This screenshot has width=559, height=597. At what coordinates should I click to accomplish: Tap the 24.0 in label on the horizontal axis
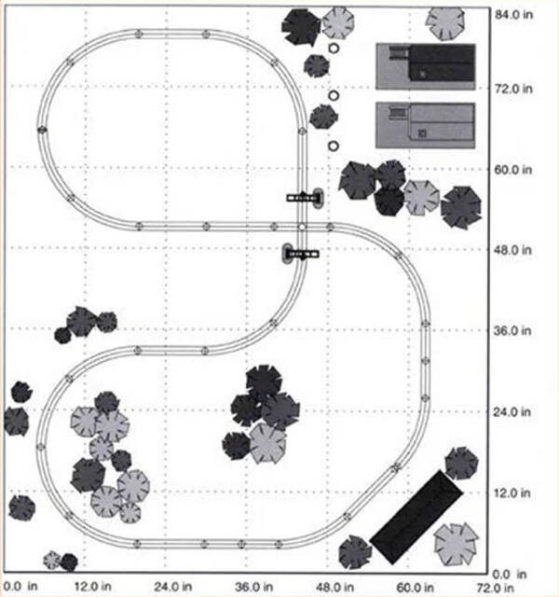click(x=172, y=588)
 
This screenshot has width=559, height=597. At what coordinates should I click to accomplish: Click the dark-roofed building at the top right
click(x=426, y=66)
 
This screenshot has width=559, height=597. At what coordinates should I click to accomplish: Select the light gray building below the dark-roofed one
click(x=426, y=124)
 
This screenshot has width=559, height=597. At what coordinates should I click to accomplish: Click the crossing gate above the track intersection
click(x=304, y=197)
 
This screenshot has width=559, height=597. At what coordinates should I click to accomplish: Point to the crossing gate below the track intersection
click(x=300, y=253)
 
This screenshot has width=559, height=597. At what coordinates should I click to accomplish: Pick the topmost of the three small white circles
click(x=334, y=48)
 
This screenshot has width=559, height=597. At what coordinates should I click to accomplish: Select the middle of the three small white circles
click(x=334, y=94)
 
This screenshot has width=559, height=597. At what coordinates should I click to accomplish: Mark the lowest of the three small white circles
click(x=334, y=146)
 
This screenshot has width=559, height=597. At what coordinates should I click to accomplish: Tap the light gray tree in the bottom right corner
click(x=457, y=544)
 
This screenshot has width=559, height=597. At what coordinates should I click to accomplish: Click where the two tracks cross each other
click(x=303, y=226)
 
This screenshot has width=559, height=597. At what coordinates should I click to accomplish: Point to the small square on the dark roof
click(x=421, y=74)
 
